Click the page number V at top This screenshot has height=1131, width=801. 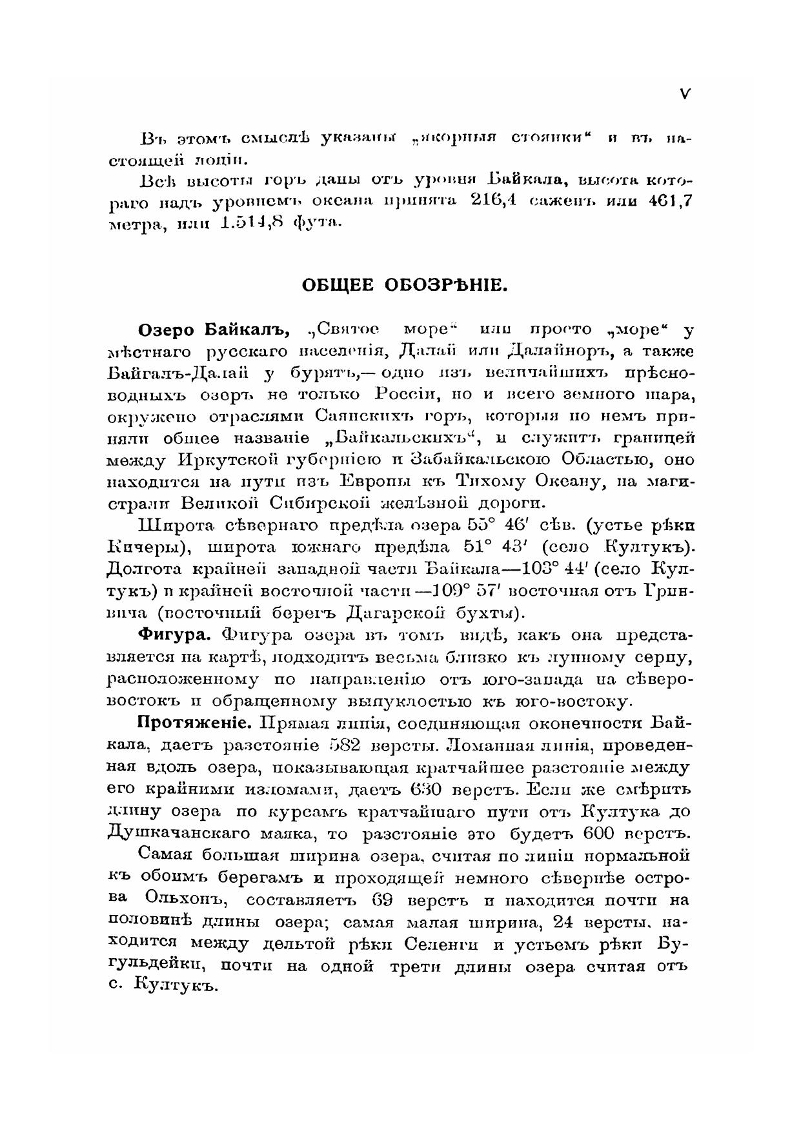pos(685,94)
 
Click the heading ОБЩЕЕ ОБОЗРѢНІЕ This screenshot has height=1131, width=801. pos(405,285)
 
